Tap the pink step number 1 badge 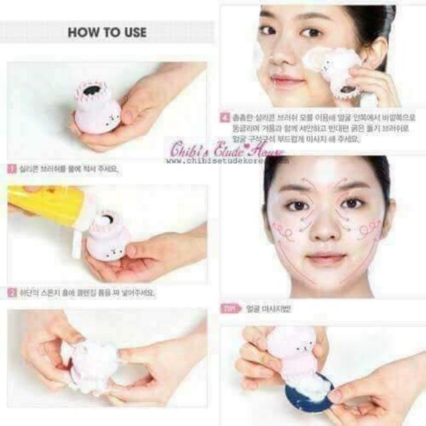click(12, 169)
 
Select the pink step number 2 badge click(12, 292)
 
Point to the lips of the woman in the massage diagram click(326, 258)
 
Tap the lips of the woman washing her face click(287, 81)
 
